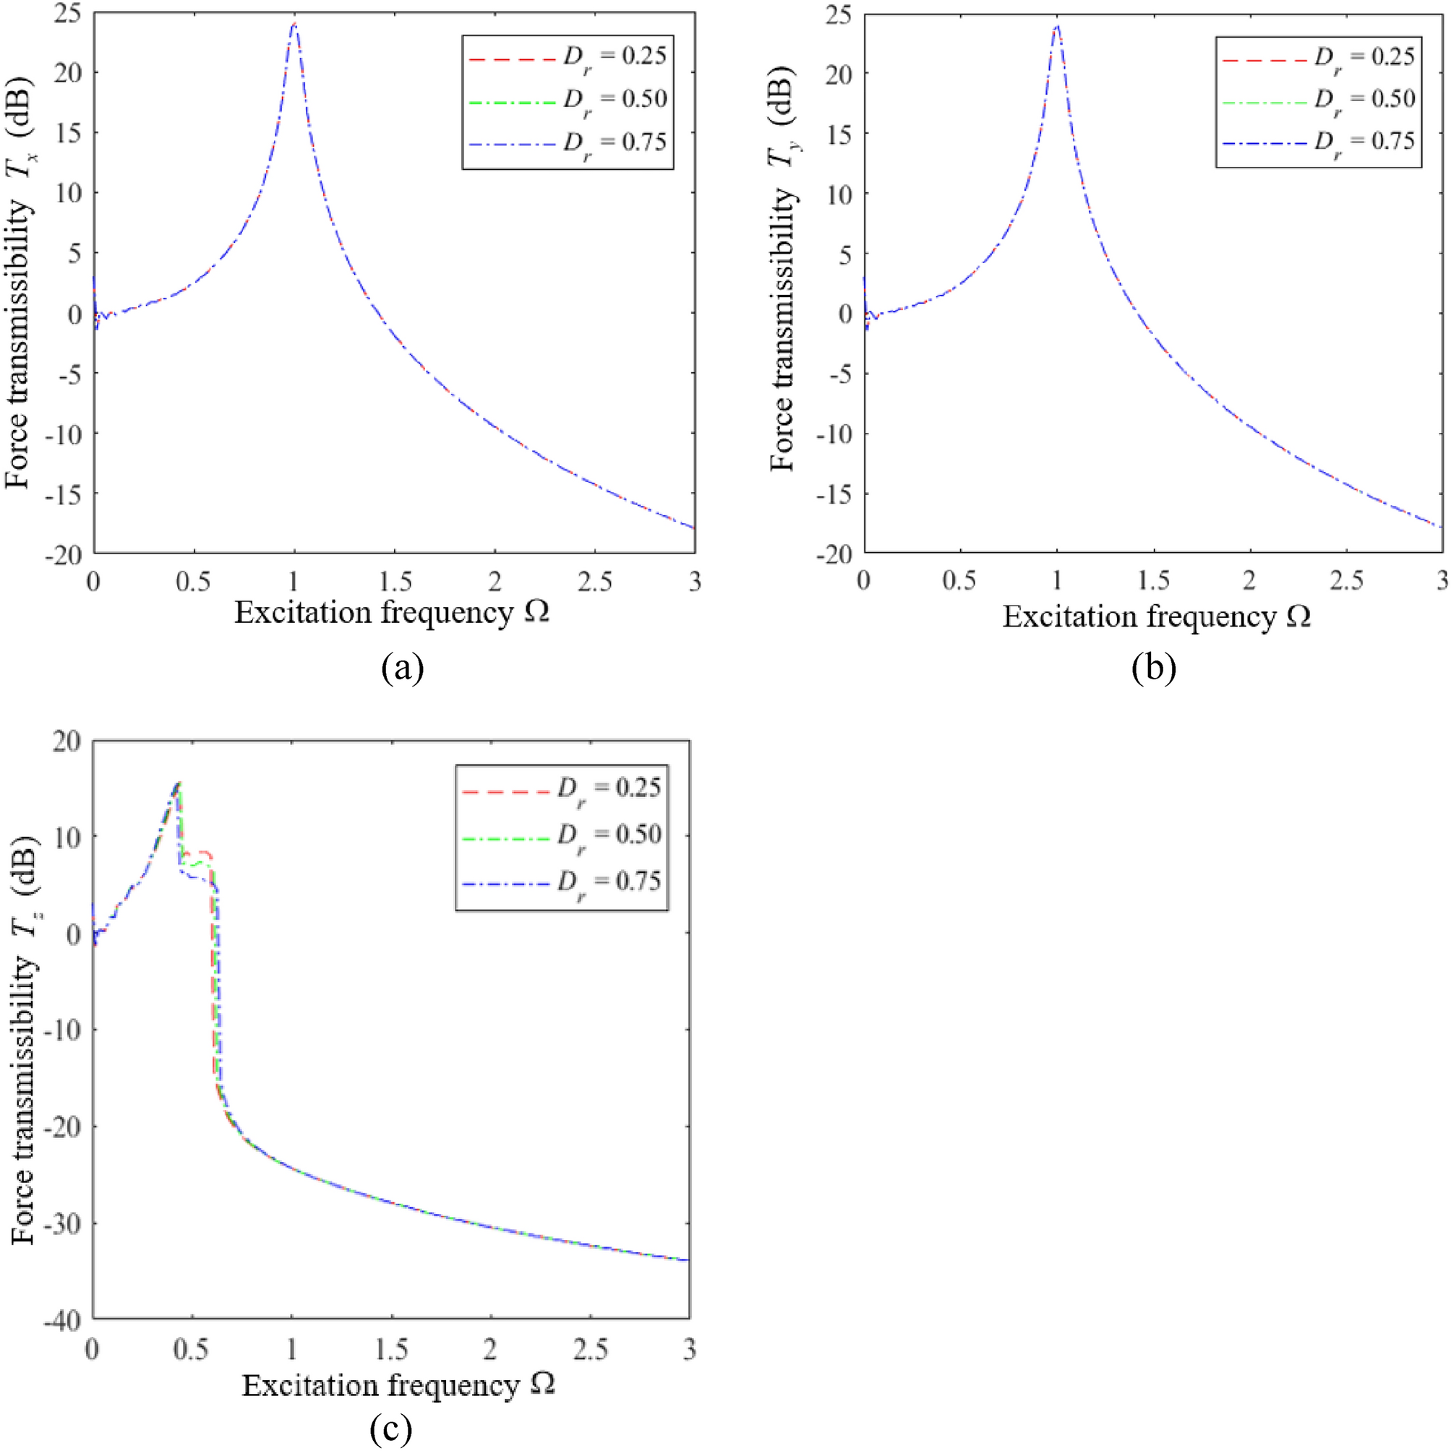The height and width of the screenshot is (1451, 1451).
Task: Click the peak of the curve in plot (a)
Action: pos(294,24)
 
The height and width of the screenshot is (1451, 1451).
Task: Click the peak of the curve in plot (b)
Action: pos(1057,26)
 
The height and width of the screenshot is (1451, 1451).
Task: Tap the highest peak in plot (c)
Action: pos(178,783)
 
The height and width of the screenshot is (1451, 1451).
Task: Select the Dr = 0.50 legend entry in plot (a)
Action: pos(567,99)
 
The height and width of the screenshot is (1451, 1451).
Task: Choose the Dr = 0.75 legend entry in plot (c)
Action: pos(560,881)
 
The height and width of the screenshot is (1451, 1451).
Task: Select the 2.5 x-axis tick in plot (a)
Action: pos(594,581)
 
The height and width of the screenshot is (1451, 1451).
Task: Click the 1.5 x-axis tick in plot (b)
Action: pos(1152,580)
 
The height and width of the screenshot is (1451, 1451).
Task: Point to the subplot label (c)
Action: pos(390,1431)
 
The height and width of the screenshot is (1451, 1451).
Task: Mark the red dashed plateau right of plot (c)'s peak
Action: pos(198,853)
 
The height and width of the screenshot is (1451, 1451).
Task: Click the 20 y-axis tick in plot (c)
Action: pos(68,742)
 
